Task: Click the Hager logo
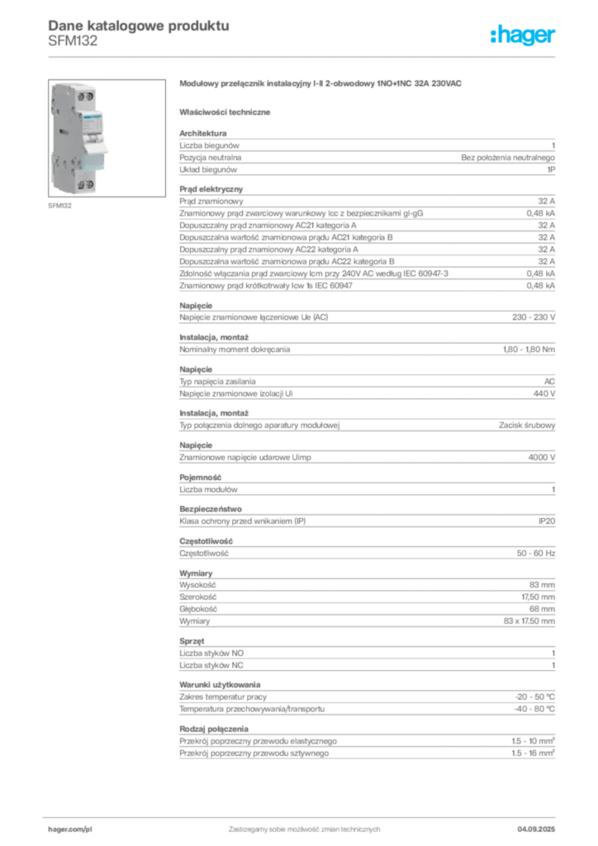coord(523,35)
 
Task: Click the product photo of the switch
coord(107,138)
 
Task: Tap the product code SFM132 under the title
coord(73,41)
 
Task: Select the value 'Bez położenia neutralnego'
coord(508,158)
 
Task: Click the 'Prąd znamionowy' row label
coord(211,202)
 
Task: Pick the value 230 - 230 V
coord(534,317)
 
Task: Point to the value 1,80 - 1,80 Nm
coord(529,349)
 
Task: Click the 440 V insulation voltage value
coord(544,394)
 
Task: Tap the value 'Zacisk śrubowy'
coord(527,425)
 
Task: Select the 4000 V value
coord(541,458)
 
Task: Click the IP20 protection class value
coord(547,521)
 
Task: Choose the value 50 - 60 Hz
coord(536,554)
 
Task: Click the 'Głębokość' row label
coord(198,609)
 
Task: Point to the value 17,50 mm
coord(539,597)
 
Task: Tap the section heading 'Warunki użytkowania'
coord(220,685)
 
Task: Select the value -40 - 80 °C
coord(534,709)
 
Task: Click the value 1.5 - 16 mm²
coord(534,753)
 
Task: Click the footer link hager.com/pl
coord(70,829)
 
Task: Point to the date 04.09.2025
coord(536,829)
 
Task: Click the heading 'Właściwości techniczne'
coord(225,112)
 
